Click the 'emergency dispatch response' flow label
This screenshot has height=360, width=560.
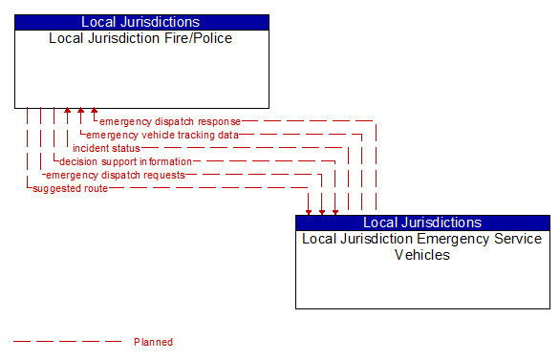[170, 121]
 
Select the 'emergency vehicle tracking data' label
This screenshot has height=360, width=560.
[162, 135]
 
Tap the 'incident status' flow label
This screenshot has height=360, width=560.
[106, 148]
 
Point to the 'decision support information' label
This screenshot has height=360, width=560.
[125, 161]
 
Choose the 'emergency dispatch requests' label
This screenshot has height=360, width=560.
[116, 175]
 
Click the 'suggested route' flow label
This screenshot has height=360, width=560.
[70, 188]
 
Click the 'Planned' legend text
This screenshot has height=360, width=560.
[153, 342]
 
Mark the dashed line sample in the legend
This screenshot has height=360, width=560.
[67, 342]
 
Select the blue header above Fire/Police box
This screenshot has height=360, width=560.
[141, 22]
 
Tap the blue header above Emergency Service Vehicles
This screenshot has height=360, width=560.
[422, 222]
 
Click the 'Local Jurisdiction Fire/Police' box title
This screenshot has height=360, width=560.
[141, 39]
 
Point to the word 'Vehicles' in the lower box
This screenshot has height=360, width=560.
[422, 255]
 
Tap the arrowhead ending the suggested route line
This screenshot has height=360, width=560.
[309, 210]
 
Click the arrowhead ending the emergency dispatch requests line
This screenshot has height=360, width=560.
[322, 210]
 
